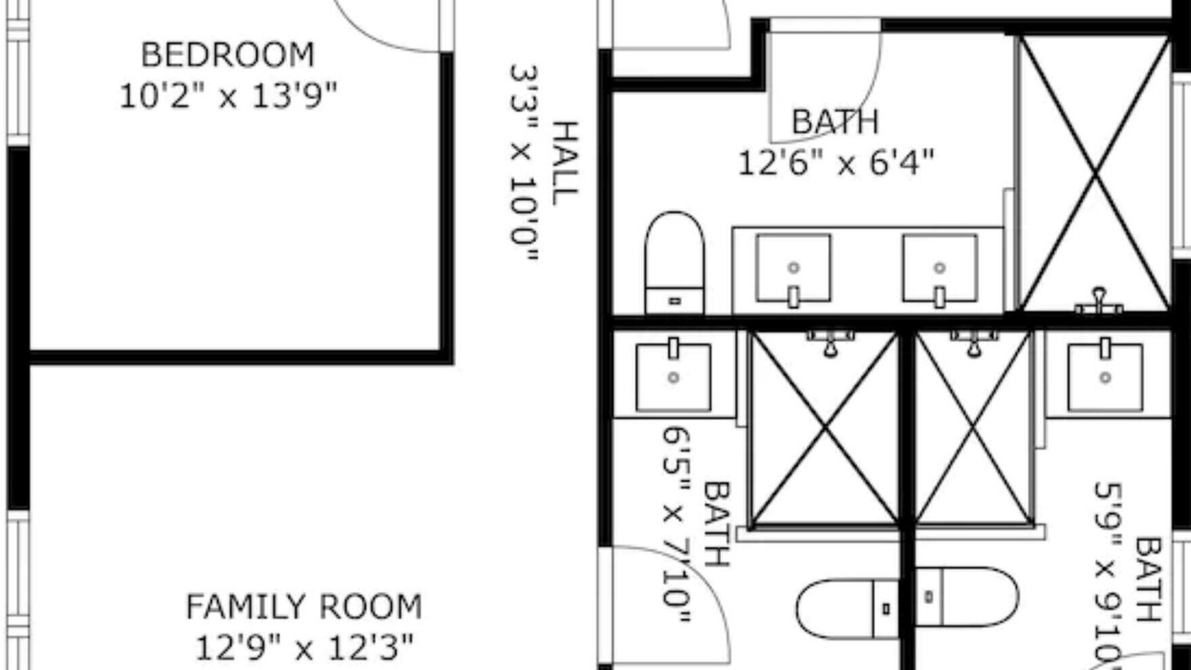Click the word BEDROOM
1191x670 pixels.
tap(228, 55)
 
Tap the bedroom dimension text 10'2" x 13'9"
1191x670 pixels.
tap(228, 96)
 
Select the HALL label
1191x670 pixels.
tap(565, 163)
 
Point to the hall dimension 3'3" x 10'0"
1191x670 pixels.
tap(524, 163)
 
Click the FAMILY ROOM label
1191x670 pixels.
tap(304, 607)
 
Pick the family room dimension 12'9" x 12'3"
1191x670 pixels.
tap(304, 648)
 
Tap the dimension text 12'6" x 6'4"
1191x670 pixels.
tap(836, 162)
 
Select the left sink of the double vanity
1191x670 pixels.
tap(794, 269)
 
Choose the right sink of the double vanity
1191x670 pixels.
tap(940, 269)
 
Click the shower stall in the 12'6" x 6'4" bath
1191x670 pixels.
tap(1093, 173)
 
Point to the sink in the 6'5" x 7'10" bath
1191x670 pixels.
tap(674, 375)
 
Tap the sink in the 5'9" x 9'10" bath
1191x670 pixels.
tap(1105, 375)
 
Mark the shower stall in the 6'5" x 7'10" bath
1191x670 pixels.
tap(824, 429)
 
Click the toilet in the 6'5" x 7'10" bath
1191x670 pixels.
tap(848, 609)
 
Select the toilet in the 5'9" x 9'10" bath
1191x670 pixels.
tap(967, 596)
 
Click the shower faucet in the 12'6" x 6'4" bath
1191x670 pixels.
tap(1099, 302)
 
